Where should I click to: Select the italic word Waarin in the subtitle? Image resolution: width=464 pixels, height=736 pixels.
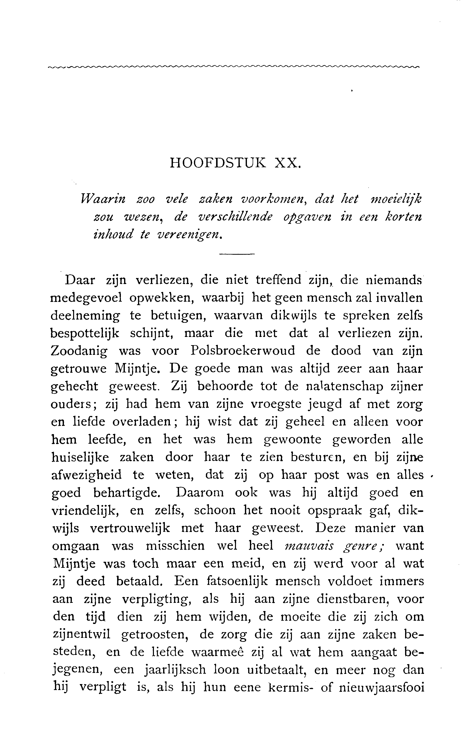coord(103,199)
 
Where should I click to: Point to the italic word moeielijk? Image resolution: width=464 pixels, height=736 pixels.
coord(396,199)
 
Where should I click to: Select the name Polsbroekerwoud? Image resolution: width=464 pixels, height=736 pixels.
coord(243,351)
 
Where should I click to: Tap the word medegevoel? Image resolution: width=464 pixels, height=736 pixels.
coord(86,298)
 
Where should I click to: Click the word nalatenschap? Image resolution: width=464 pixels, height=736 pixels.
coord(344,386)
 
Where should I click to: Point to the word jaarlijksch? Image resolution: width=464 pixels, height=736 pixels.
coord(175,670)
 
